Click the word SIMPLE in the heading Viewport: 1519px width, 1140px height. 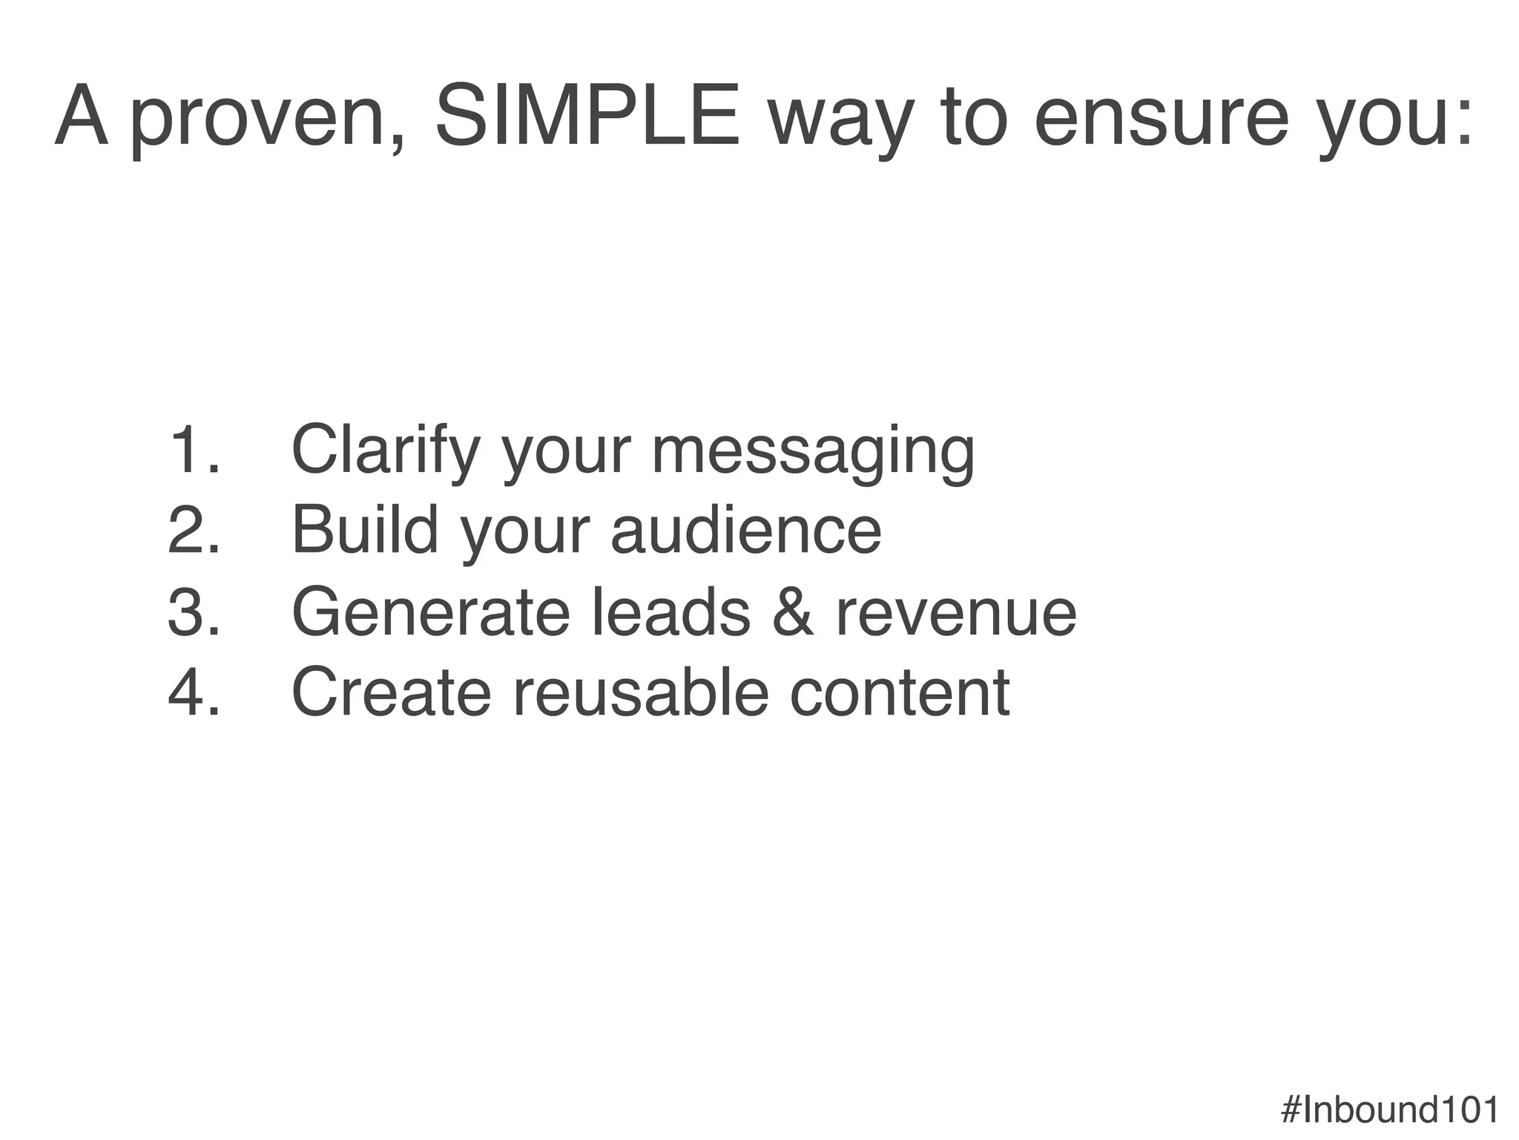click(x=587, y=117)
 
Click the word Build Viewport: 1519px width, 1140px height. click(x=365, y=530)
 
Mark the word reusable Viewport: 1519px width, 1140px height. click(x=639, y=692)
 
